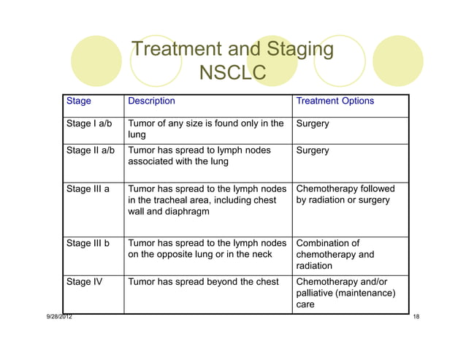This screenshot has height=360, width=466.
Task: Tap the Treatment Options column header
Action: pos(335,101)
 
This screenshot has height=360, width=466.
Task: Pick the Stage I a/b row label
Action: pos(89,123)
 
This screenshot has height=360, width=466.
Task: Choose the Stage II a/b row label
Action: pos(91,150)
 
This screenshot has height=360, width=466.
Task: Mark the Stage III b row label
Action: pos(88,243)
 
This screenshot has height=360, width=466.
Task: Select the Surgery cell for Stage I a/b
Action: pos(313,123)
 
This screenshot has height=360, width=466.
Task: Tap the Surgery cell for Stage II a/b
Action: pos(313,150)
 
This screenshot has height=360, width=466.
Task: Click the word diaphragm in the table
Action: pos(187,212)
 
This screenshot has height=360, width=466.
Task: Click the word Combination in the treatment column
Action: pos(328,243)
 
